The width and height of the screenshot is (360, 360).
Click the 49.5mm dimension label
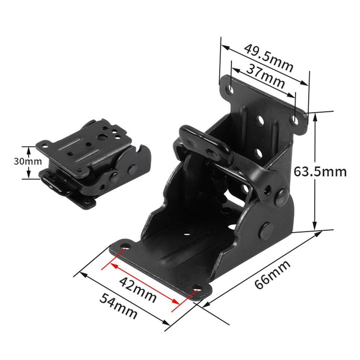click(269, 58)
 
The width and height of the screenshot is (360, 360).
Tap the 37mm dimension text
click(266, 76)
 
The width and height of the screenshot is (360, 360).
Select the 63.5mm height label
click(320, 171)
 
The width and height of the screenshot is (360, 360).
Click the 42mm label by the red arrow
click(138, 290)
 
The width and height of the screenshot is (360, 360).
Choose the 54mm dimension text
click(118, 306)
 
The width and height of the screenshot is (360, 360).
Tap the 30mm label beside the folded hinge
click(28, 161)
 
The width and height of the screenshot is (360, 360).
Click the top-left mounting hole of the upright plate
click(230, 89)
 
